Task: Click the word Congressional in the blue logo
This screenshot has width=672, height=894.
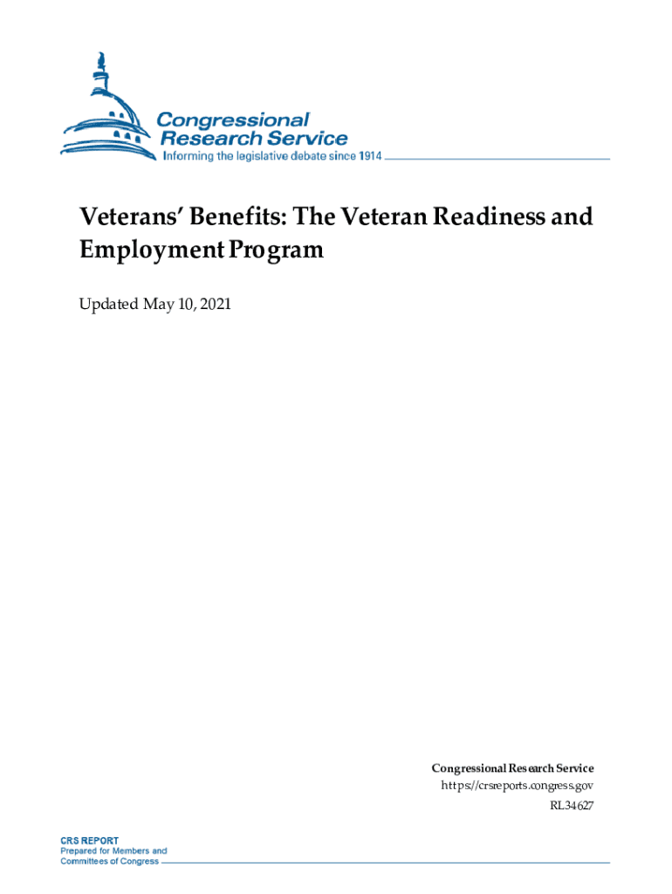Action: click(233, 120)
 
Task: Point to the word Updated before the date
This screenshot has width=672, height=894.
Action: click(108, 305)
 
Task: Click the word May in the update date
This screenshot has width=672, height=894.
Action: click(159, 305)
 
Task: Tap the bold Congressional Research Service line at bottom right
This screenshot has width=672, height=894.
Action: click(512, 768)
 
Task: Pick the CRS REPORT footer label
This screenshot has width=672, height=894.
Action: click(89, 840)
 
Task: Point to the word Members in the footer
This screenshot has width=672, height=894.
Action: click(125, 850)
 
